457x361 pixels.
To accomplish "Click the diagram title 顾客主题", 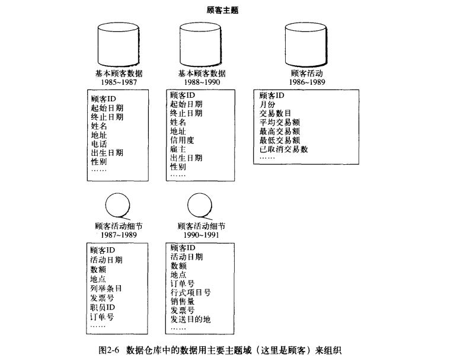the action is (223, 11).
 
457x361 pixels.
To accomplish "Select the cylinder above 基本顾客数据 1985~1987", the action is (119, 44).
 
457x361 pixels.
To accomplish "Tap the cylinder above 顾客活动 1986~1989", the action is (306, 44).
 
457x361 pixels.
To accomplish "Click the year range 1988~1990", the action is (202, 82).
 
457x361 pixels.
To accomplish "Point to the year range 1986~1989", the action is (307, 82).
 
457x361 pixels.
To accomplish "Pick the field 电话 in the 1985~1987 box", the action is (99, 144).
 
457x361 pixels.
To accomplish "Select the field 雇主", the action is (178, 149).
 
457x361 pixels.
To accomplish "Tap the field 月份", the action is (267, 104).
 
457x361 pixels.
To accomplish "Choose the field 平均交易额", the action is (280, 122).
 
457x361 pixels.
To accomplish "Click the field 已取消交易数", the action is (283, 149).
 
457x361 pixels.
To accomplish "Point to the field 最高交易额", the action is (280, 131).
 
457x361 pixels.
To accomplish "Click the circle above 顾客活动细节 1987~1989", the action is (118, 205).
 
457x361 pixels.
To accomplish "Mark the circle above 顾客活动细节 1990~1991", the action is (200, 205).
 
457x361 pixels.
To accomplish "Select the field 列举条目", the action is (106, 289).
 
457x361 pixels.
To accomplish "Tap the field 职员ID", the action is (103, 308).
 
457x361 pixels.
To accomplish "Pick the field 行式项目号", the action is (191, 292).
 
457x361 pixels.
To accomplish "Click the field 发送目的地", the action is (191, 320).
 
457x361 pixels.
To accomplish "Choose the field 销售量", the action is (183, 301).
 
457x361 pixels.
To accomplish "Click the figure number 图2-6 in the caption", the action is (109, 350).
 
